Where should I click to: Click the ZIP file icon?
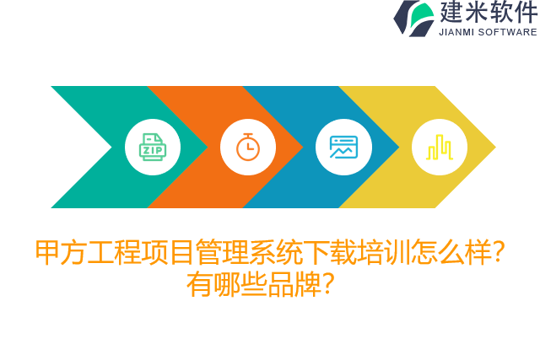[x=153, y=148]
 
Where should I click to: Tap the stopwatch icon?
[x=248, y=148]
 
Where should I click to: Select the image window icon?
[x=343, y=148]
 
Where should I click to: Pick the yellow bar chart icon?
[x=439, y=148]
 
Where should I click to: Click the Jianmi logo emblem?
[x=413, y=19]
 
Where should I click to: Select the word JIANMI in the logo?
[x=457, y=32]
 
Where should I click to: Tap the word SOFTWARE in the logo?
[x=507, y=32]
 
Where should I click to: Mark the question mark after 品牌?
[x=329, y=284]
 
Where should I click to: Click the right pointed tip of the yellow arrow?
[x=494, y=148]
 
